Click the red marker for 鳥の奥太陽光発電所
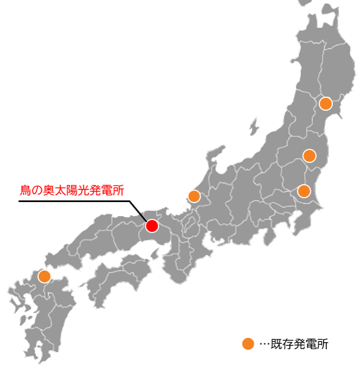(152, 225)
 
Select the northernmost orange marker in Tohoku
(325, 103)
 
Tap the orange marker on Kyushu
(44, 276)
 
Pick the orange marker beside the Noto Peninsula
(194, 196)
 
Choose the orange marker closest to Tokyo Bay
(303, 191)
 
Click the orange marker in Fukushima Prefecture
(309, 156)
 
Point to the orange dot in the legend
(247, 343)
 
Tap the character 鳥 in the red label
(24, 191)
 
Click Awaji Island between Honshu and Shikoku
(163, 252)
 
